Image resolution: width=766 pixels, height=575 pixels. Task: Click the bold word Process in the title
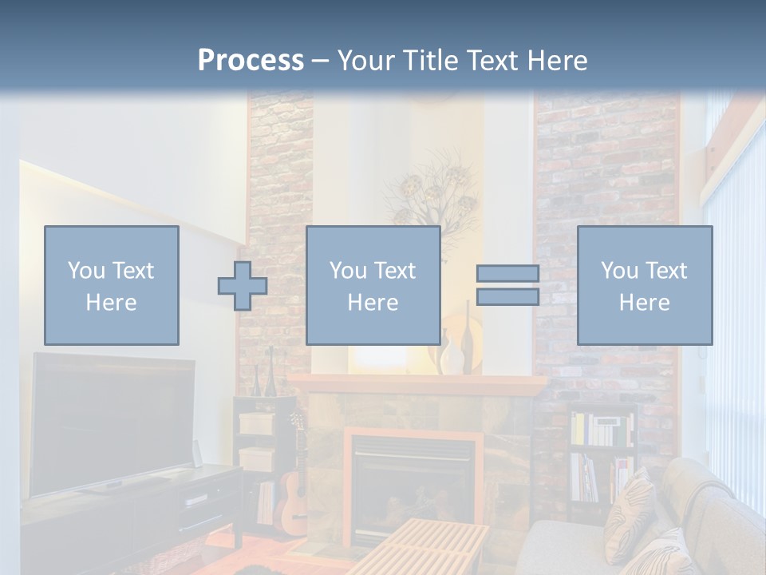click(251, 60)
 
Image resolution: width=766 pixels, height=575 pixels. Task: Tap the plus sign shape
click(243, 286)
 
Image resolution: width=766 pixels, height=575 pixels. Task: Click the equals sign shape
click(507, 285)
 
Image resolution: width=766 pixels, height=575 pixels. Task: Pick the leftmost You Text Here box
click(112, 285)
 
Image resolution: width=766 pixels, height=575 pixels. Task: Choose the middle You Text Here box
click(373, 285)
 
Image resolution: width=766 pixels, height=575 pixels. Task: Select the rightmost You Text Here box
click(644, 285)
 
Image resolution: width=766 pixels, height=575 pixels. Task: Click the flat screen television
click(112, 423)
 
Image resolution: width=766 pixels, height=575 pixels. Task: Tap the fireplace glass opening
click(411, 487)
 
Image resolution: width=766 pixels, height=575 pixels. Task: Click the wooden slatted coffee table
click(431, 547)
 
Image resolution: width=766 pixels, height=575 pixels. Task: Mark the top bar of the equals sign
click(507, 273)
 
